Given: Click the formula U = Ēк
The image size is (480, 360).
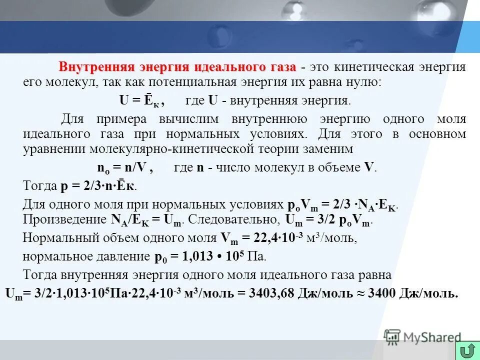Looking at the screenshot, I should (x=142, y=100).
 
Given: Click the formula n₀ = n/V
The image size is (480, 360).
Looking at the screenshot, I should (x=124, y=168).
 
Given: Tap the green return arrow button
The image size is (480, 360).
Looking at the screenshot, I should (x=467, y=350).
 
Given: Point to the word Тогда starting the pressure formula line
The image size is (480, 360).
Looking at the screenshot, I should (x=40, y=186).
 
